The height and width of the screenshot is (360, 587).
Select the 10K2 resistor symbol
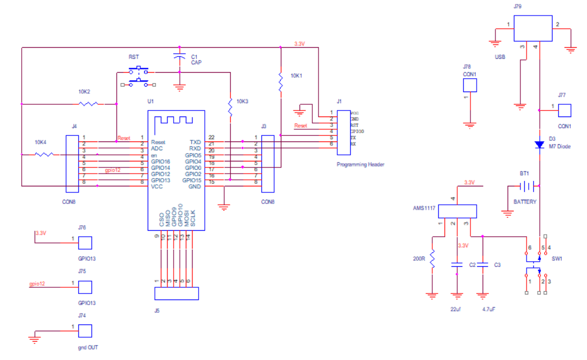tap(89, 104)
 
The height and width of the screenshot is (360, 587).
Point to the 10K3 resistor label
tap(242, 102)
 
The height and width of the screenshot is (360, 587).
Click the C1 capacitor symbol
tap(179, 57)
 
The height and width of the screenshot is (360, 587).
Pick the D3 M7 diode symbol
tap(539, 144)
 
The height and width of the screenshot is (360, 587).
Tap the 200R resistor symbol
tap(433, 258)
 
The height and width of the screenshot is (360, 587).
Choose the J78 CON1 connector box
tap(470, 85)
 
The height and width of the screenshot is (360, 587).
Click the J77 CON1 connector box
tap(565, 110)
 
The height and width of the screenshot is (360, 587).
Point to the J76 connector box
tap(85, 243)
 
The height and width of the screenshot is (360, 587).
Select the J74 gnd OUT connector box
tap(85, 331)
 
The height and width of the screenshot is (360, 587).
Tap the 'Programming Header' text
tap(361, 165)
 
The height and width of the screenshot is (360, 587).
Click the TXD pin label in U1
tap(195, 142)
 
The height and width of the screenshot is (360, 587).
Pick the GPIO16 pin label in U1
tap(161, 161)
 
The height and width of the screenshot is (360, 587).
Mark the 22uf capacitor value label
tap(456, 308)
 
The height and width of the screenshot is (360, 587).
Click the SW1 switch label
tap(556, 259)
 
